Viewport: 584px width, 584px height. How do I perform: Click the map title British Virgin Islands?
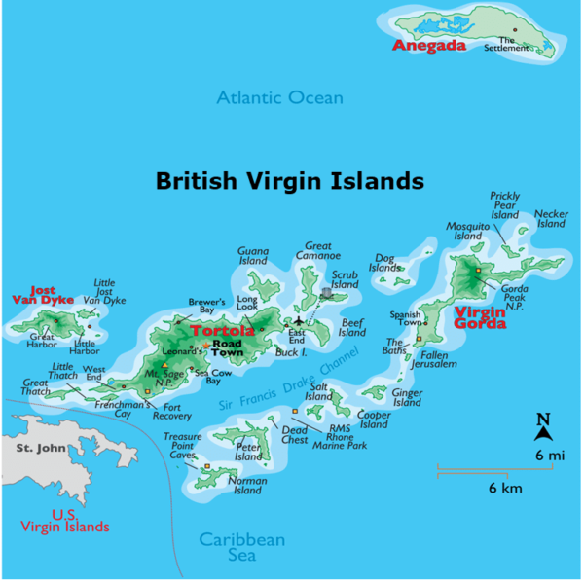pyautogui.click(x=290, y=180)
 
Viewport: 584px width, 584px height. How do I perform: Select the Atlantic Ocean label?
pyautogui.click(x=280, y=97)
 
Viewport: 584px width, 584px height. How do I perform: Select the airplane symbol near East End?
pyautogui.click(x=299, y=322)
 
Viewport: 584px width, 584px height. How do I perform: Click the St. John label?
pyautogui.click(x=38, y=448)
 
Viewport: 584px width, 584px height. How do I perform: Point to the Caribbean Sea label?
pyautogui.click(x=241, y=547)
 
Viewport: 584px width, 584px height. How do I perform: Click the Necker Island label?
pyautogui.click(x=551, y=218)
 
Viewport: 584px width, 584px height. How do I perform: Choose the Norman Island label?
pyautogui.click(x=246, y=485)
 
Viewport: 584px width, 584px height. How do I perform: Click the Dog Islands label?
pyautogui.click(x=384, y=263)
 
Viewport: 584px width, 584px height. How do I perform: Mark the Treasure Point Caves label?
pyautogui.click(x=182, y=446)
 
